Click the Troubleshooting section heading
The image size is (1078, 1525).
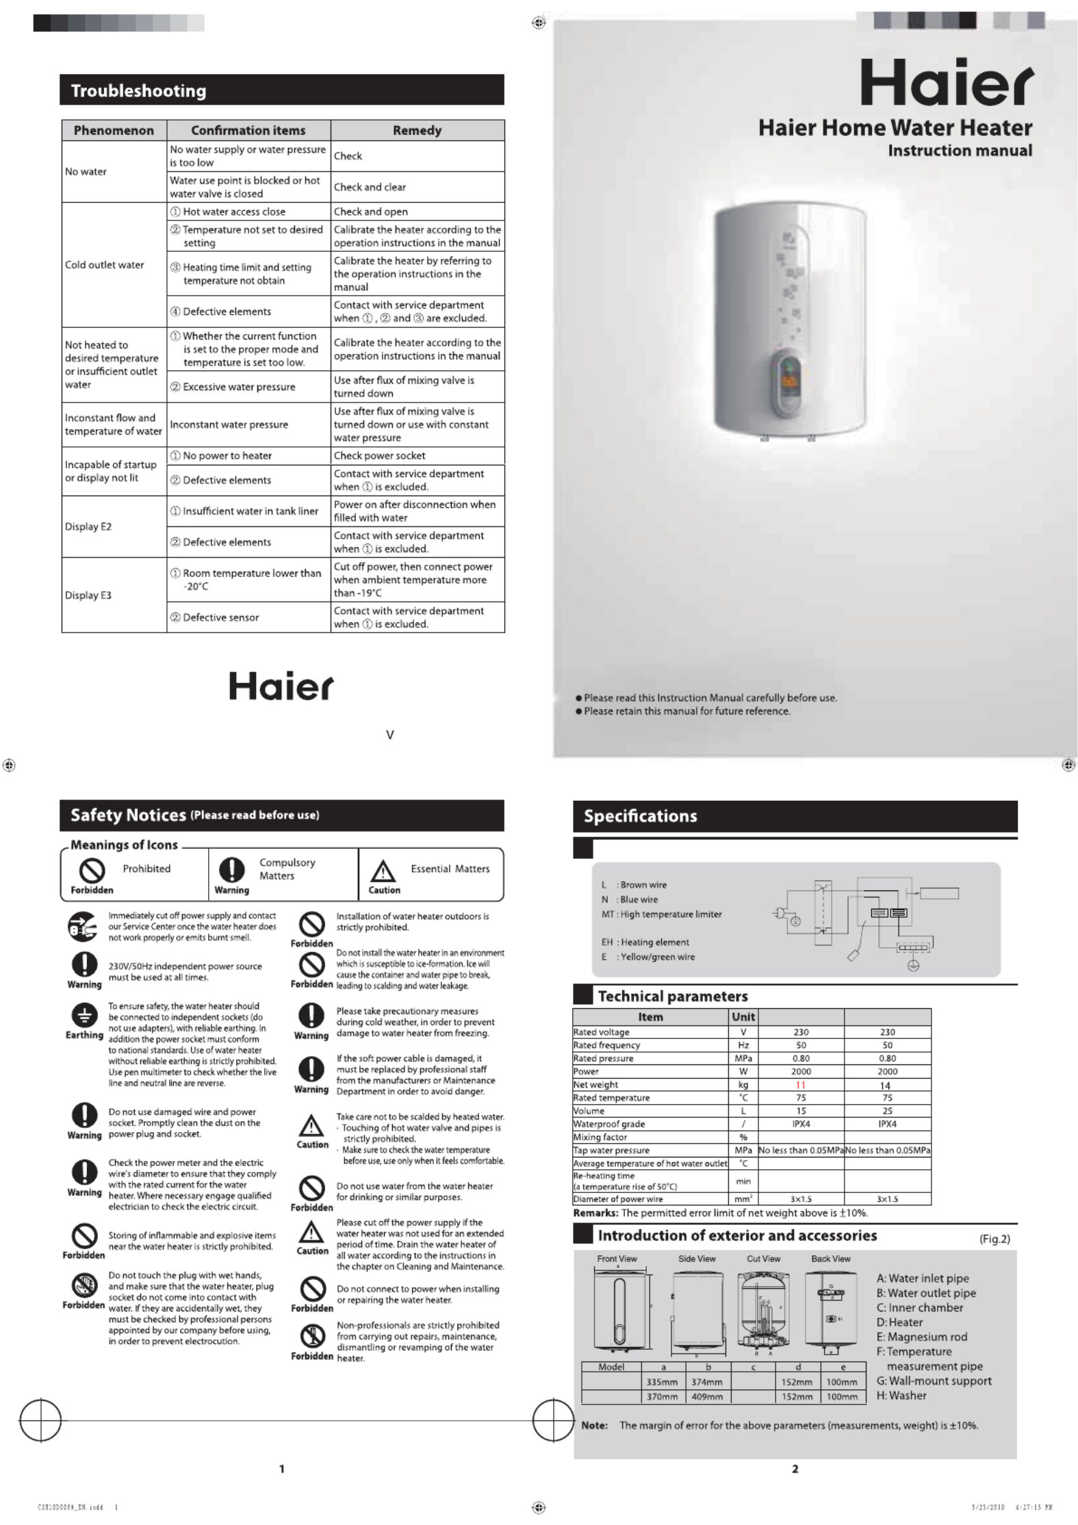click(x=138, y=90)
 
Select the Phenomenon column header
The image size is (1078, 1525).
click(x=114, y=130)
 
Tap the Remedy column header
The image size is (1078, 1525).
click(x=417, y=130)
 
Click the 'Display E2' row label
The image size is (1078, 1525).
click(x=88, y=526)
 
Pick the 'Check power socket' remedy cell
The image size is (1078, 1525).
click(x=379, y=455)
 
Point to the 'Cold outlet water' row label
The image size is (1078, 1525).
click(x=105, y=265)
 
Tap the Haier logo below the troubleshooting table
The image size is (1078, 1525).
click(x=281, y=686)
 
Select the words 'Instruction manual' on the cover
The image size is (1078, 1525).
click(x=960, y=151)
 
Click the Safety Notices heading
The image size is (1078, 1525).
click(x=128, y=815)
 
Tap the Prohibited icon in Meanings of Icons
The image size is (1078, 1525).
click(x=92, y=871)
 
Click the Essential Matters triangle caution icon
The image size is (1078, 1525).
click(x=383, y=872)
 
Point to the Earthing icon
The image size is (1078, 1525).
click(x=84, y=1016)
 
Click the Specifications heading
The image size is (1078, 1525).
click(x=640, y=816)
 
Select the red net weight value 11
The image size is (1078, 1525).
click(x=801, y=1085)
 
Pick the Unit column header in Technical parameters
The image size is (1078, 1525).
click(x=743, y=1017)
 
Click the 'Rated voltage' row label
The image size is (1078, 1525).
click(x=602, y=1032)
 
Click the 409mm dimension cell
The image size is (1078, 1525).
click(x=707, y=1396)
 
